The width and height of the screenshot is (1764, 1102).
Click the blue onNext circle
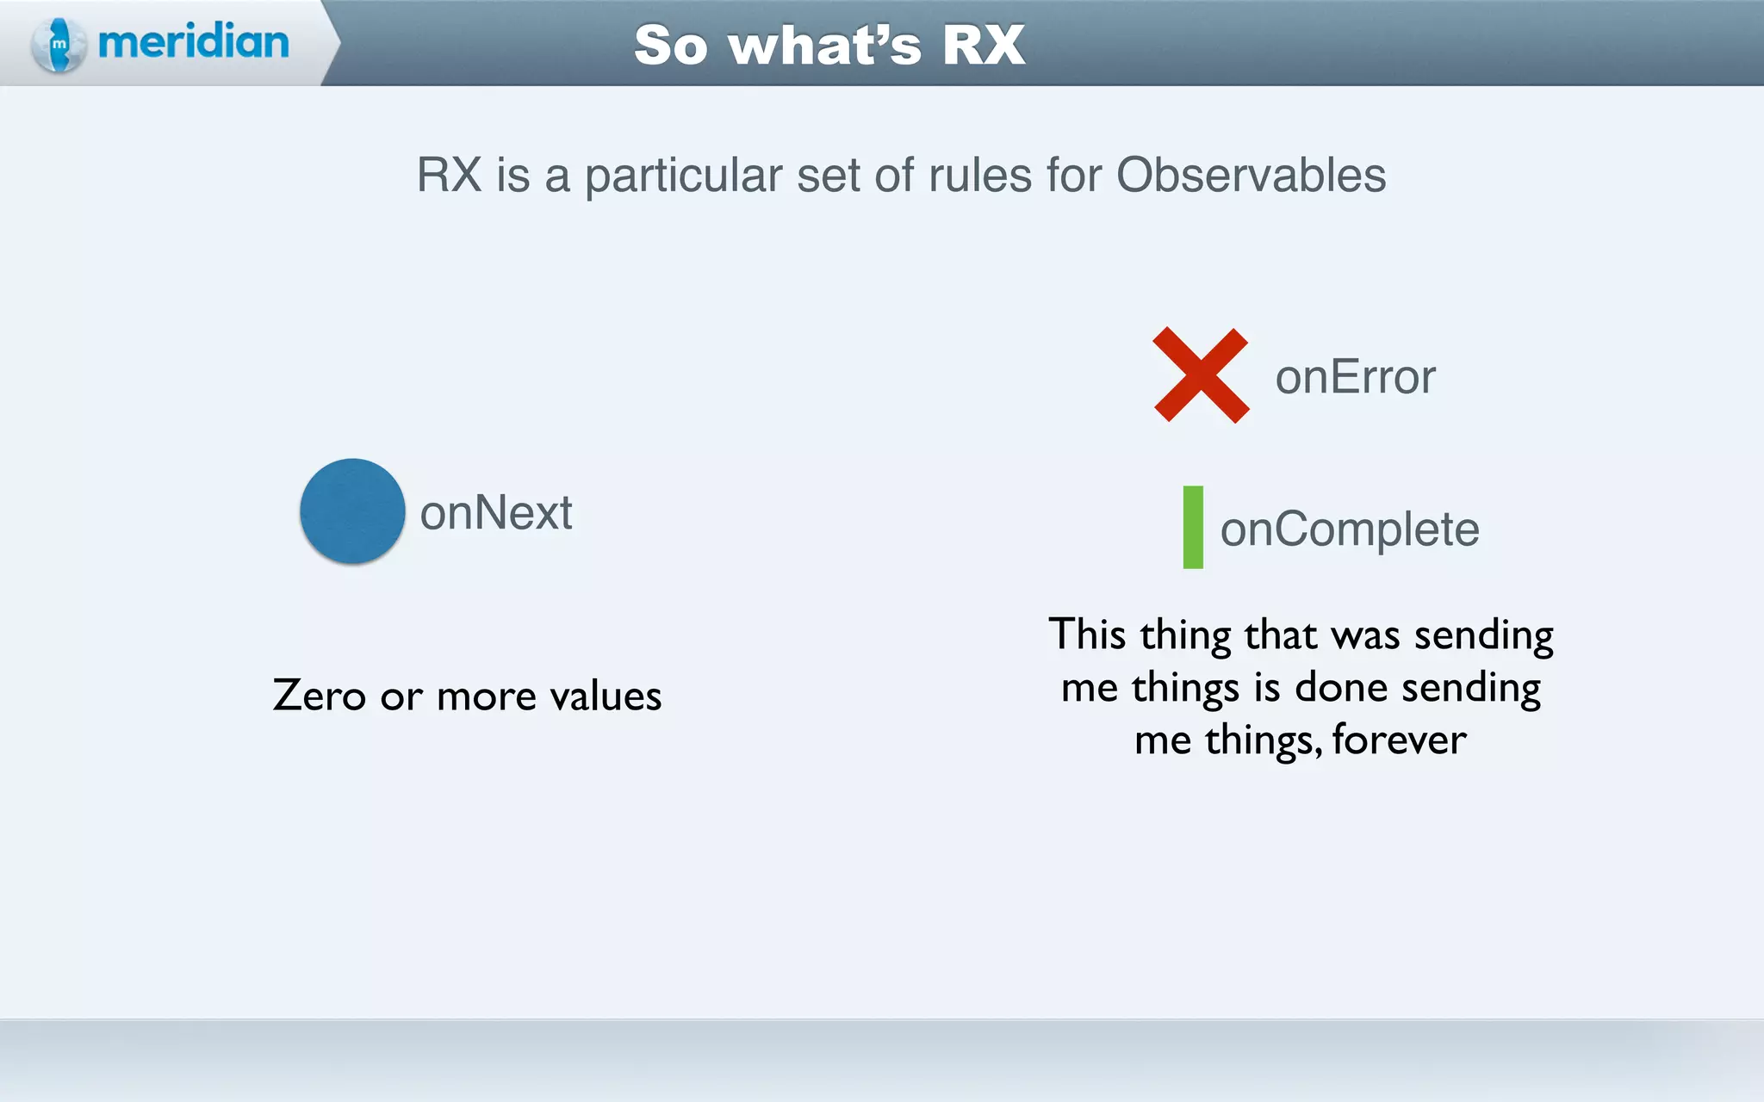[x=352, y=511]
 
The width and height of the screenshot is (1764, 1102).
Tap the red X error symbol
[x=1201, y=375]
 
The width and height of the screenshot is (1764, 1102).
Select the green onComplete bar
[x=1193, y=527]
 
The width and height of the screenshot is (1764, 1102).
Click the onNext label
[x=496, y=513]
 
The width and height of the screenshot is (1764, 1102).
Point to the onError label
[x=1355, y=377]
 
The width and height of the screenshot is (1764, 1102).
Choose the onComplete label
[x=1350, y=529]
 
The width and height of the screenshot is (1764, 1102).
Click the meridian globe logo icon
[x=59, y=44]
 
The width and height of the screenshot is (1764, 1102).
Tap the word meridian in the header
[x=194, y=42]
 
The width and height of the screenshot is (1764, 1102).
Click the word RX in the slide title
[x=984, y=45]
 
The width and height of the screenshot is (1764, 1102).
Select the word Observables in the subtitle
[x=1251, y=176]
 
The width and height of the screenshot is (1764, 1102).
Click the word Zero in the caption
[x=320, y=696]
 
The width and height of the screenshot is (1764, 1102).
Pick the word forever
[x=1399, y=740]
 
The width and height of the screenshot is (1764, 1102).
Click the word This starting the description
[x=1087, y=635]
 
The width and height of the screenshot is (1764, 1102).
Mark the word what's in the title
[x=824, y=45]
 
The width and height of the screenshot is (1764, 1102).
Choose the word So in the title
[x=671, y=45]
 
